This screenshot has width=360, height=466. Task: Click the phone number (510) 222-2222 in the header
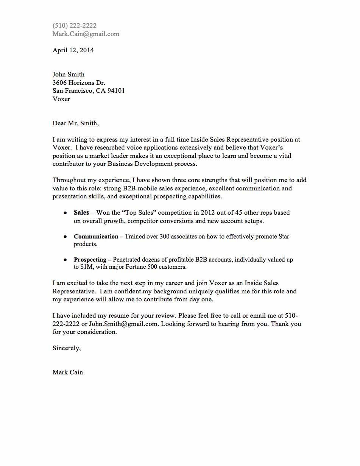[75, 26]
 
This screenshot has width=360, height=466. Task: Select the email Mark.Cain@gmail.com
[86, 34]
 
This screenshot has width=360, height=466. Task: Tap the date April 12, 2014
[73, 50]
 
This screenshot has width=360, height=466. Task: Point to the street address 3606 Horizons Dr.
[79, 83]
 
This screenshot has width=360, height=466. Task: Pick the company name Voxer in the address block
[61, 99]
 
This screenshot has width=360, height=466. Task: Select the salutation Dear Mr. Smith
[75, 123]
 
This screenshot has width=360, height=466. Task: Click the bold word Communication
[96, 237]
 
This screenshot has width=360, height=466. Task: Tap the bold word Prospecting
[90, 260]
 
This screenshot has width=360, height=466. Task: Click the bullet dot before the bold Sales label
[65, 213]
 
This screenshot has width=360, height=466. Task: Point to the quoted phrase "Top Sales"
[131, 213]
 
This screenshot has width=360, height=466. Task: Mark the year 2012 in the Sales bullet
[208, 213]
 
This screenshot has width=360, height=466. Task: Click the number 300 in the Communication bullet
[159, 237]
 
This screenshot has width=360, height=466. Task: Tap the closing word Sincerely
[66, 348]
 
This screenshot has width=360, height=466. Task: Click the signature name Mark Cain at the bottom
[68, 372]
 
